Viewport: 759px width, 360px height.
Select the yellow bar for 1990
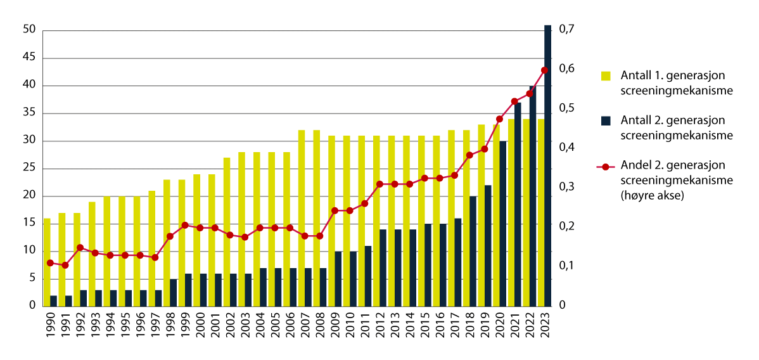point(47,262)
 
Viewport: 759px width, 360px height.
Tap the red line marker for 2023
point(544,70)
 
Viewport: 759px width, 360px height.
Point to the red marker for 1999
point(185,225)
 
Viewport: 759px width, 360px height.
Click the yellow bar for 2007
point(302,218)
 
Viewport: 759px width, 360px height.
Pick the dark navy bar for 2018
point(473,251)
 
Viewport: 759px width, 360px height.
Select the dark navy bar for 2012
point(383,267)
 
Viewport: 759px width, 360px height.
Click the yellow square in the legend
point(606,76)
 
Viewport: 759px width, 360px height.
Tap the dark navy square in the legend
point(606,120)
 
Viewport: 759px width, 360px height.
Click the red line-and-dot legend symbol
point(606,167)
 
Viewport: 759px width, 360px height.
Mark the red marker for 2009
point(335,210)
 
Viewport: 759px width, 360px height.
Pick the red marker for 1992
point(80,247)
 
